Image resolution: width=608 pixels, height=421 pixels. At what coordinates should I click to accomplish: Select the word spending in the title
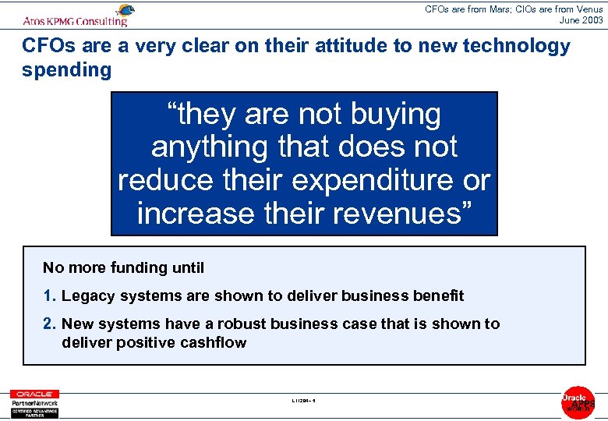(x=67, y=70)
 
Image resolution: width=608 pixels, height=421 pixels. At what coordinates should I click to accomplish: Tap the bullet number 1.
(x=50, y=295)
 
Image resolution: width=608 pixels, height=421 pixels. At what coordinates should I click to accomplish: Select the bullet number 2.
(x=50, y=324)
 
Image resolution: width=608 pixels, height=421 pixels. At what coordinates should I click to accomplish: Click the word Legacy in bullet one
(x=86, y=295)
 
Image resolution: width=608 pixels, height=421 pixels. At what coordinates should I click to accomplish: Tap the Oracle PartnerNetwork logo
(x=34, y=403)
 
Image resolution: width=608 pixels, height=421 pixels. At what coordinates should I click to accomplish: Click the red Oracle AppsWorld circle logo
(x=578, y=402)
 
